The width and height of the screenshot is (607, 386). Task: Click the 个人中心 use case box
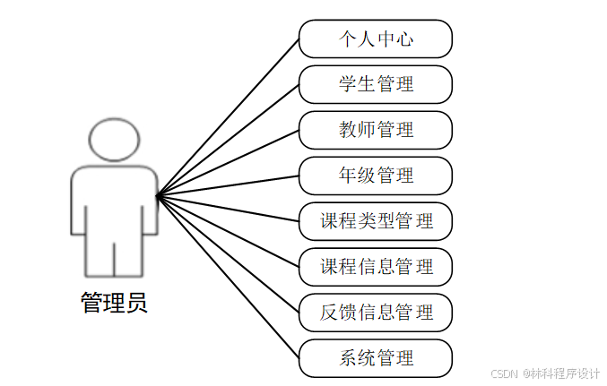click(x=375, y=39)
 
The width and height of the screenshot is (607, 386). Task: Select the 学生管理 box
click(x=375, y=85)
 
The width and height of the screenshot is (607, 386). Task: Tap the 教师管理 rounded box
click(x=375, y=130)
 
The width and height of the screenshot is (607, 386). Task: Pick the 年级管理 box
click(x=375, y=176)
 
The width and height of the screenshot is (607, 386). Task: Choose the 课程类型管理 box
click(x=375, y=221)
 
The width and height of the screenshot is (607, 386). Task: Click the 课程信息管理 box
click(x=375, y=267)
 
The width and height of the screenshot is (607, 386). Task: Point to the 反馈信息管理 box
click(x=375, y=313)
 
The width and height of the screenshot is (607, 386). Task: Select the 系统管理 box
click(x=375, y=358)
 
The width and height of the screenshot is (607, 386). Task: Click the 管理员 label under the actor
click(x=114, y=304)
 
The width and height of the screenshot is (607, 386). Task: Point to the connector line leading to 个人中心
click(x=228, y=117)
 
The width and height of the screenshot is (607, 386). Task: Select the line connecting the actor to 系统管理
click(x=228, y=277)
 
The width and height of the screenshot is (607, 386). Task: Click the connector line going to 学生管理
click(x=228, y=140)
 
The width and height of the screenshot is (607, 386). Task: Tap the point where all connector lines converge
click(x=157, y=196)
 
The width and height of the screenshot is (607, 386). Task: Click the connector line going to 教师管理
click(x=228, y=163)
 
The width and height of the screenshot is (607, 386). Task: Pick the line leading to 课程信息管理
click(x=228, y=231)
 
